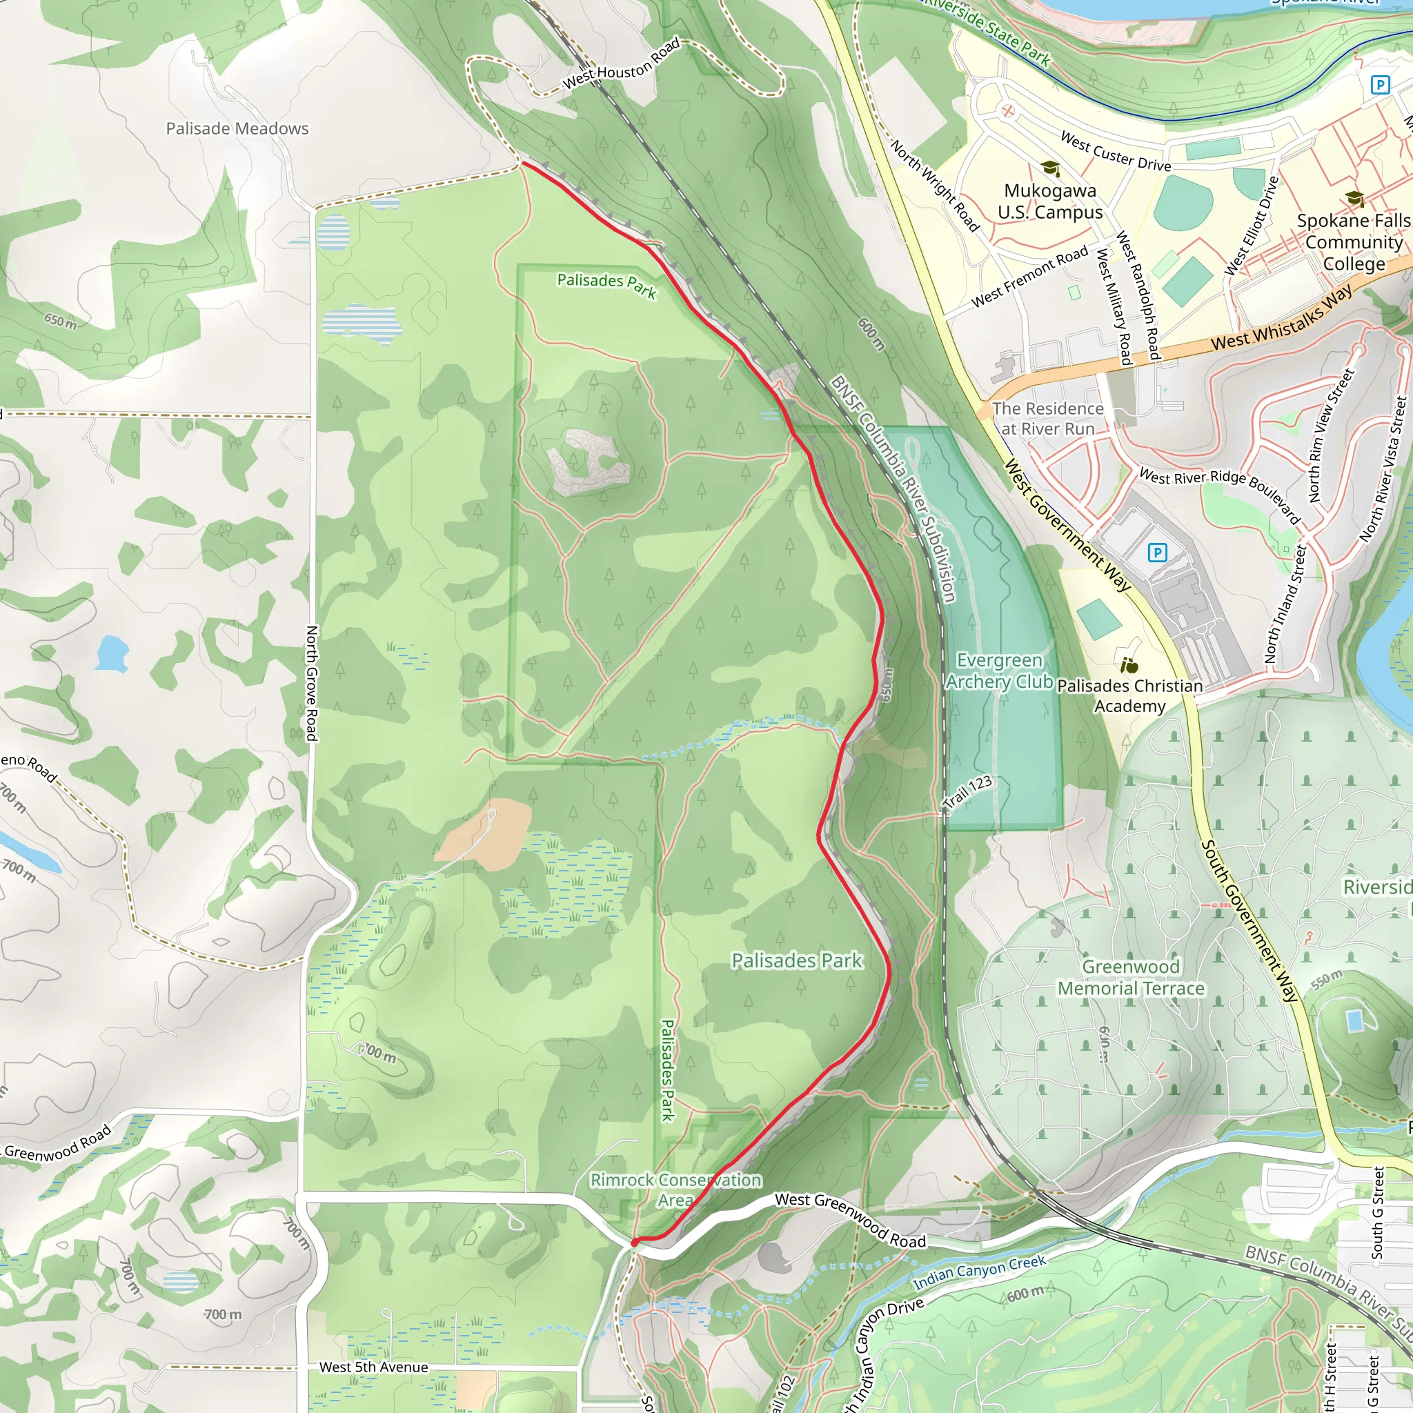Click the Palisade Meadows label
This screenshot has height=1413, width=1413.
(237, 129)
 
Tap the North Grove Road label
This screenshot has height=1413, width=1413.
(312, 683)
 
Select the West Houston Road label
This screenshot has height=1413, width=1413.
(621, 64)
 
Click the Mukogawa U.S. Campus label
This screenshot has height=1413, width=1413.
(1049, 201)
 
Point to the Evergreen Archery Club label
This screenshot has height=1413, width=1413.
(999, 671)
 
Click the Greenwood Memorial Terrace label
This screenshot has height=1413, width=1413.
(1131, 977)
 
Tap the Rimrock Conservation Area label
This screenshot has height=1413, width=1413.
(675, 1190)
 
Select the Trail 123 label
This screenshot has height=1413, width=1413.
(967, 792)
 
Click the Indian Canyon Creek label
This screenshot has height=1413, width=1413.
(979, 1272)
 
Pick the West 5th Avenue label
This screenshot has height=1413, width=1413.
(373, 1367)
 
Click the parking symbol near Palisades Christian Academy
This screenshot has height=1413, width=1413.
(1157, 552)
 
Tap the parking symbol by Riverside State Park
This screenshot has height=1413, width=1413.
(1379, 85)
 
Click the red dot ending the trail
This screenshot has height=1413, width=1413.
(635, 1242)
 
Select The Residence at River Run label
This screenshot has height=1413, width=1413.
(1047, 418)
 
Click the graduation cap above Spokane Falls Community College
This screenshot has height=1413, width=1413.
(1354, 198)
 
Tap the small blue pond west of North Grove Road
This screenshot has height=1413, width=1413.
(112, 653)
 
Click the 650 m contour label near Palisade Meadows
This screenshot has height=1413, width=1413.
(60, 320)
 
